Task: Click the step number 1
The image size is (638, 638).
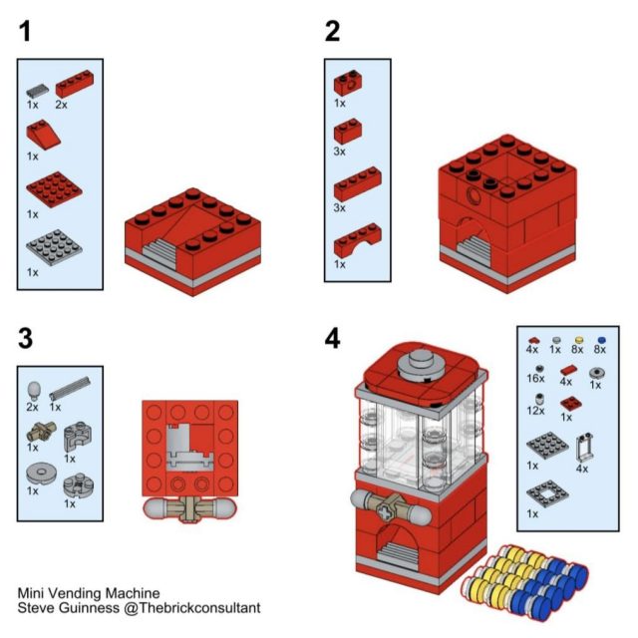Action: (25, 31)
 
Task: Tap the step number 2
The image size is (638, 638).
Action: (332, 31)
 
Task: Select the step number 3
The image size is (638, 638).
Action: (25, 339)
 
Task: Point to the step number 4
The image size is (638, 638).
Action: (332, 339)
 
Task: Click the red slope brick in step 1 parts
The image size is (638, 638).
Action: (43, 135)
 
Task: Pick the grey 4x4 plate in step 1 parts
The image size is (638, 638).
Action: (54, 247)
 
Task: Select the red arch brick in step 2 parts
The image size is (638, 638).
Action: (358, 240)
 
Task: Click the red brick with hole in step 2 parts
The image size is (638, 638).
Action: (348, 83)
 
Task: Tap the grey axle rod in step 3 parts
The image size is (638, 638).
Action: (70, 388)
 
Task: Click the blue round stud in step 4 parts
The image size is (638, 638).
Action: (600, 340)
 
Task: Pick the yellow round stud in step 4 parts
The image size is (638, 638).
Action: (578, 340)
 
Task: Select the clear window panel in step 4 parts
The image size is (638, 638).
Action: (585, 448)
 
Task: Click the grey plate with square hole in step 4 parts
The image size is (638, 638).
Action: (547, 493)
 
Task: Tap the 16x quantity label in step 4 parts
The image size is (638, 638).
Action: (535, 379)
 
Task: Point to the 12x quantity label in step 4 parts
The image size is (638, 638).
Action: (535, 411)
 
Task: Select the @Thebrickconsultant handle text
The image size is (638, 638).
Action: (191, 608)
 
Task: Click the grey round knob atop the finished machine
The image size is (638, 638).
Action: (422, 364)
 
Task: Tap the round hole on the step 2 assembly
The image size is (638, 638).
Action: (474, 196)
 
